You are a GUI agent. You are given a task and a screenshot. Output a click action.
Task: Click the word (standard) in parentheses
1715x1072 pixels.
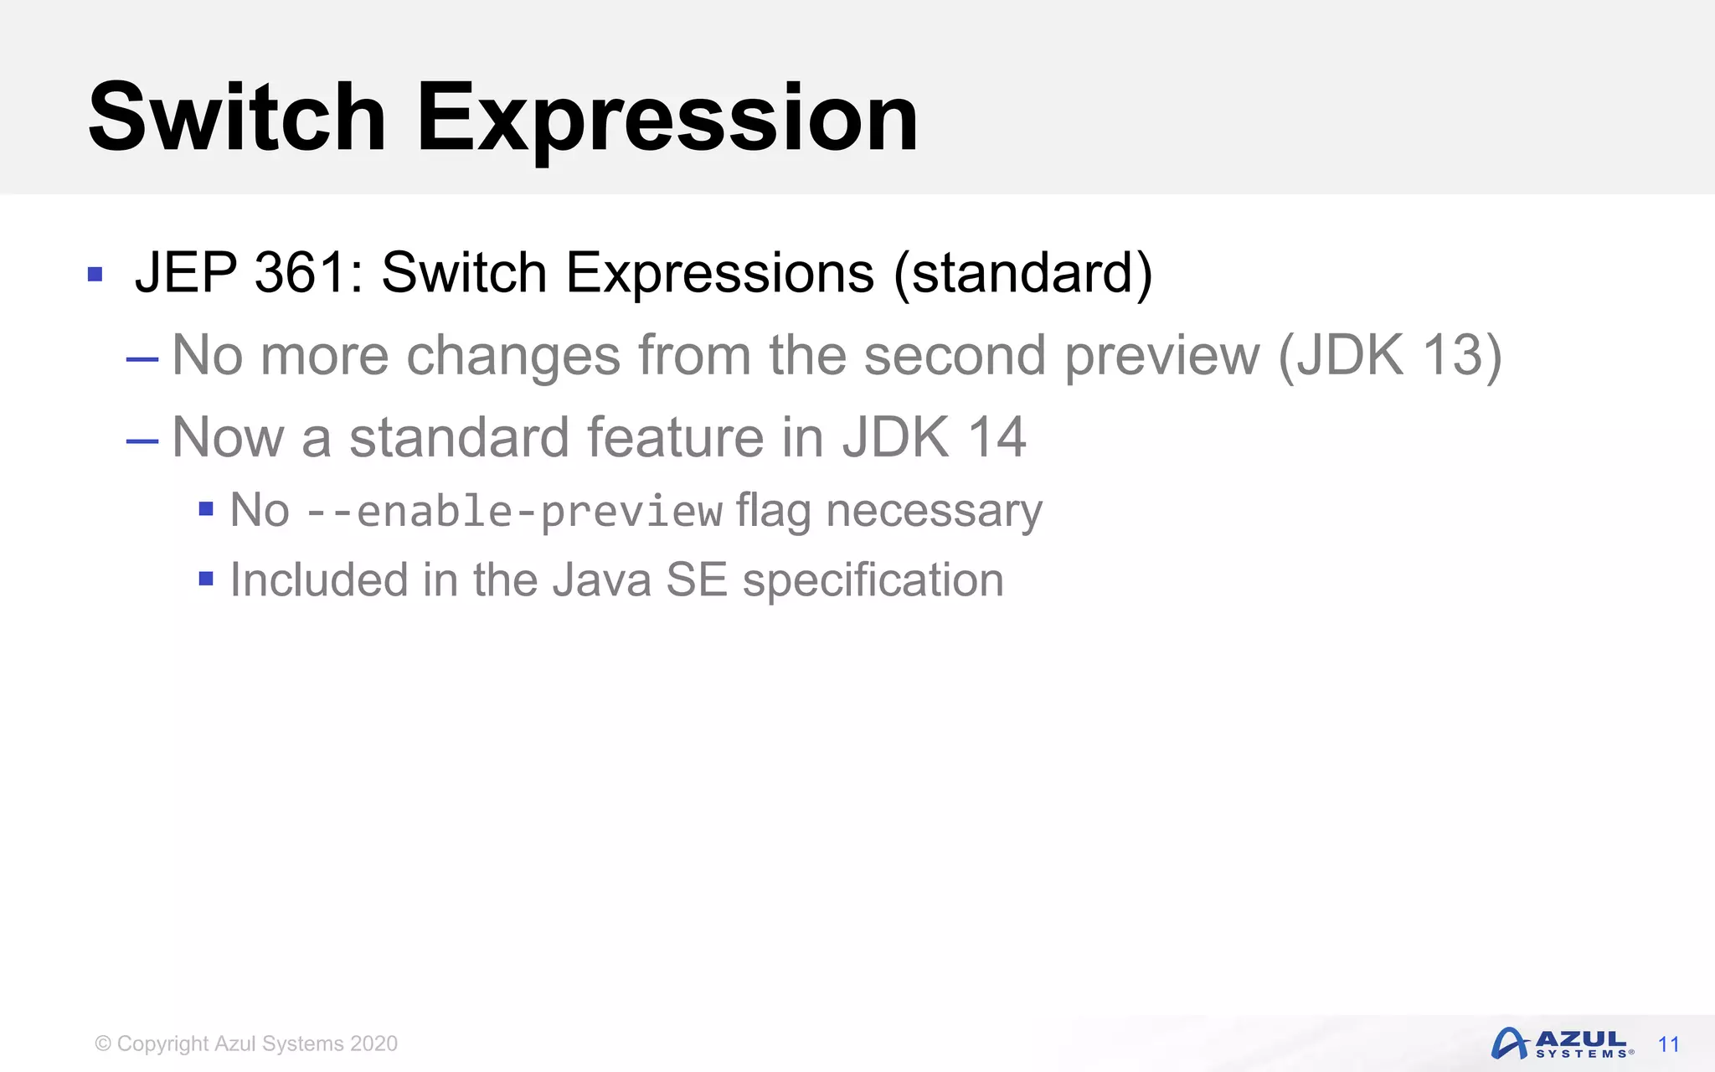pos(1022,272)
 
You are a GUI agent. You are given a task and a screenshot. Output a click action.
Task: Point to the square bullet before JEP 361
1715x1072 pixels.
pos(95,275)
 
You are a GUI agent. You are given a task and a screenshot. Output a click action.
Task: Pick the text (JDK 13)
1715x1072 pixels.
pos(1389,355)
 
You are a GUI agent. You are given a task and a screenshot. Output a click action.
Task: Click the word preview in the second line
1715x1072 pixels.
pos(1161,355)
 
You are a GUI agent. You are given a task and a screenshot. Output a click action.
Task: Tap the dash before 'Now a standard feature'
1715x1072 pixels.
pos(142,441)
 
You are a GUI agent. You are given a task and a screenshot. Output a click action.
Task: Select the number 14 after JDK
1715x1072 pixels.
pos(997,436)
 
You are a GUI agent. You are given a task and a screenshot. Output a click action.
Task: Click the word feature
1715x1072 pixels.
pos(675,436)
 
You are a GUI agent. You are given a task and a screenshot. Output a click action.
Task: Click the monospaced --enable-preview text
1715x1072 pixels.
pos(514,511)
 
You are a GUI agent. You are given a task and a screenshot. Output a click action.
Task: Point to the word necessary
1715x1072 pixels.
pos(934,511)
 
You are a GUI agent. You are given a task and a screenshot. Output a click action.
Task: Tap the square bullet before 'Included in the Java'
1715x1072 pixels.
pos(206,578)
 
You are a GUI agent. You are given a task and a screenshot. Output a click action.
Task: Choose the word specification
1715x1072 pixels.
pos(873,580)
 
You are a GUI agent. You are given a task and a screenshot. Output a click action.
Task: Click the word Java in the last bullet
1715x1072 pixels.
pos(600,580)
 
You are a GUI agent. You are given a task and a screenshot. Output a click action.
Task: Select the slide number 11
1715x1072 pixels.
pos(1668,1044)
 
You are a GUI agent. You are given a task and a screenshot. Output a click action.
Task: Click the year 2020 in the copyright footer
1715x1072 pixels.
pos(373,1044)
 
